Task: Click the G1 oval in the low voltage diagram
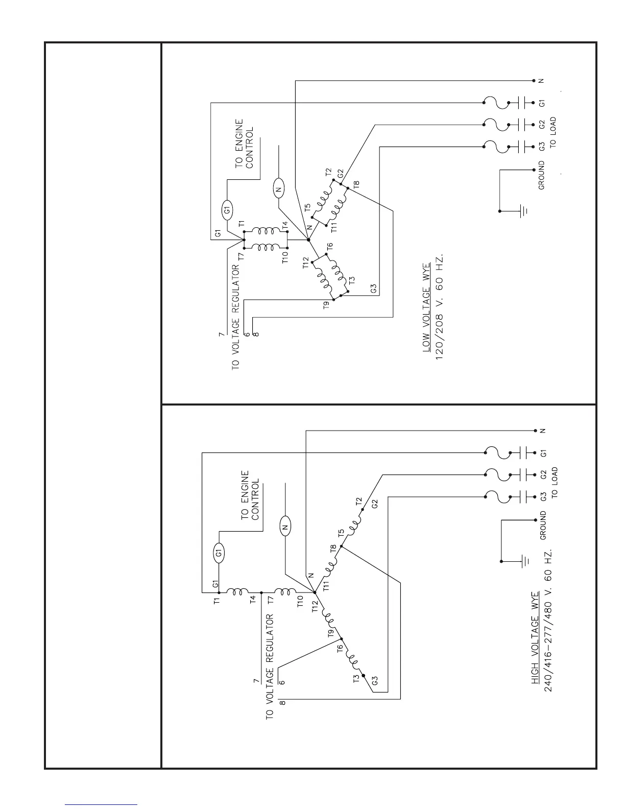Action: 227,208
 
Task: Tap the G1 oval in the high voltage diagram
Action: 219,553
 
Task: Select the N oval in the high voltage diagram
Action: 285,528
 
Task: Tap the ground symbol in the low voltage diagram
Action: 522,210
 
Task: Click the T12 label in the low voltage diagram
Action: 305,263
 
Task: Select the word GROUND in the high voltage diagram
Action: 543,525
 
